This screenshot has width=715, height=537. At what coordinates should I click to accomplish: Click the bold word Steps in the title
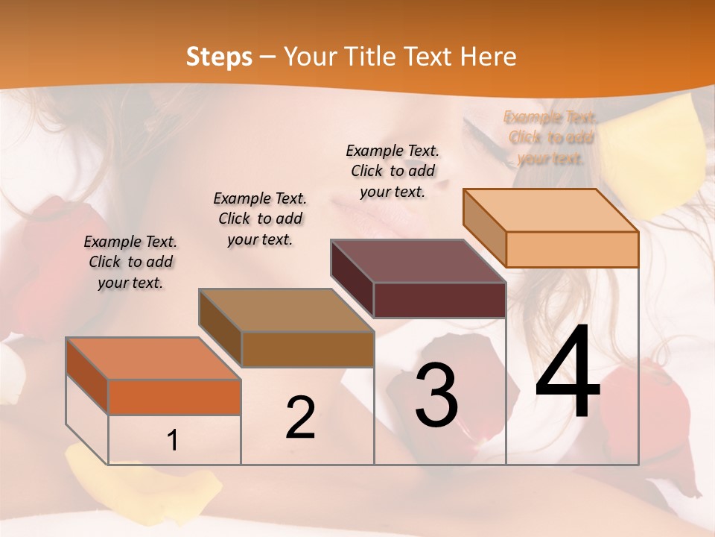(x=219, y=57)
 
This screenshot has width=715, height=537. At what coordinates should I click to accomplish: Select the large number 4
(x=568, y=372)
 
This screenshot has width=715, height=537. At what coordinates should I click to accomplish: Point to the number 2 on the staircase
(x=300, y=418)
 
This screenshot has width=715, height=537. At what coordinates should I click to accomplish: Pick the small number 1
(x=173, y=441)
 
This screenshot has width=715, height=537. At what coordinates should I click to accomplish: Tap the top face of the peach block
(x=550, y=210)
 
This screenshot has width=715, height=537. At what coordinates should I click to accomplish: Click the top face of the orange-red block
(x=153, y=359)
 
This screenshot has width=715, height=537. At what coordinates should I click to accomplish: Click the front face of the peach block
(x=571, y=249)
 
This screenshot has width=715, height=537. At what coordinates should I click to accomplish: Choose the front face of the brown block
(x=308, y=349)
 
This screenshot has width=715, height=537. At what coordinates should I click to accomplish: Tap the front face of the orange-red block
(x=174, y=397)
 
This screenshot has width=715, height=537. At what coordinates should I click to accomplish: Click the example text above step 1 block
(x=130, y=263)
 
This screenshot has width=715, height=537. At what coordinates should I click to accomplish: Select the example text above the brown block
(x=260, y=219)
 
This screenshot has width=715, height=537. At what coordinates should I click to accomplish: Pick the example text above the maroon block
(x=393, y=171)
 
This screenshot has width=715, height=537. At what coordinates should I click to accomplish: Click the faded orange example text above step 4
(x=550, y=138)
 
